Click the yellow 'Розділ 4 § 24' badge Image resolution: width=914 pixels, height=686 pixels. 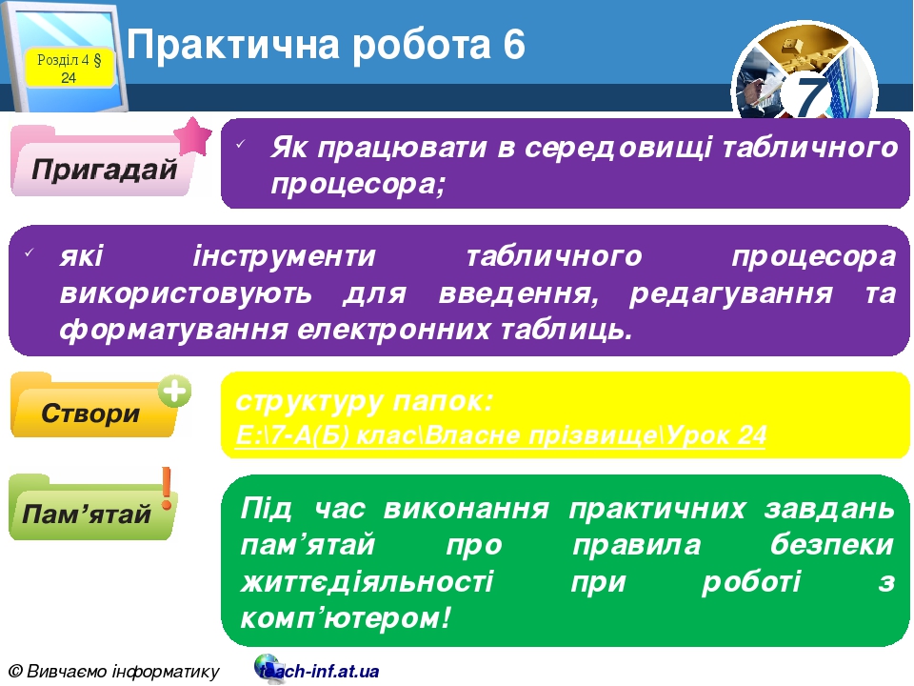pos(69,68)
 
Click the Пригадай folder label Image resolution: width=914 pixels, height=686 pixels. pos(105,170)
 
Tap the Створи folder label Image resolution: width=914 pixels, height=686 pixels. pos(90,414)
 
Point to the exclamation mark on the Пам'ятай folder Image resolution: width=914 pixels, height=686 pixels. pos(168,487)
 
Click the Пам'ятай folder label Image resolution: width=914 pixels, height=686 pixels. pos(87,514)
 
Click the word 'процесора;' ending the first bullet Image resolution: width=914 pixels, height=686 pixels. pos(358,183)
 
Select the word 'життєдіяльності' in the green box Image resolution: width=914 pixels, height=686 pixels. pos(368,580)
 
